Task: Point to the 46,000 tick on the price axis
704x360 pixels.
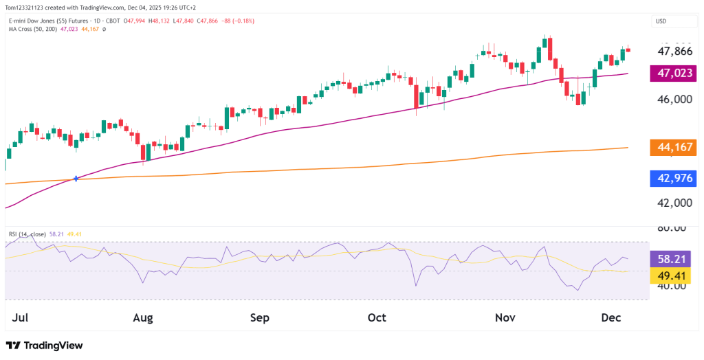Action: pyautogui.click(x=674, y=100)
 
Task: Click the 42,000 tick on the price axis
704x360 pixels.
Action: pyautogui.click(x=674, y=203)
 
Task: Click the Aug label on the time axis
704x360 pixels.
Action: pyautogui.click(x=142, y=318)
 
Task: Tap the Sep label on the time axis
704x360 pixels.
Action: pyautogui.click(x=260, y=318)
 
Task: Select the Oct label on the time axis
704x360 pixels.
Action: pyautogui.click(x=377, y=318)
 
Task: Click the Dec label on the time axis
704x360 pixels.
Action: pyautogui.click(x=611, y=318)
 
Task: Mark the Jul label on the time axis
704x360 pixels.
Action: pyautogui.click(x=21, y=318)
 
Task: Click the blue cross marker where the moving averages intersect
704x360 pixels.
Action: pyautogui.click(x=76, y=179)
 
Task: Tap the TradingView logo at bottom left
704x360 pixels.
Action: pyautogui.click(x=44, y=346)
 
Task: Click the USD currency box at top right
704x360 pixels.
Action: pyautogui.click(x=661, y=21)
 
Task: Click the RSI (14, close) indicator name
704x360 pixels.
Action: pyautogui.click(x=27, y=234)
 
